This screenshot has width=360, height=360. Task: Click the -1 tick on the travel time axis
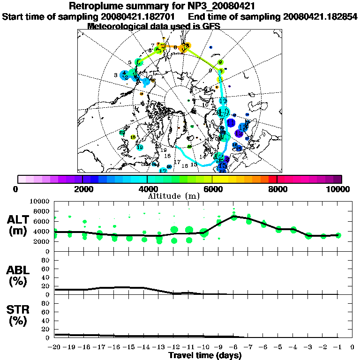338,347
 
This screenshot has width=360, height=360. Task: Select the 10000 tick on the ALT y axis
39,202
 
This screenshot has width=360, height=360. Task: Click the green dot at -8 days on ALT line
234,217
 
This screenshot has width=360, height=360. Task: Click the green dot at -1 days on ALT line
338,235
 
